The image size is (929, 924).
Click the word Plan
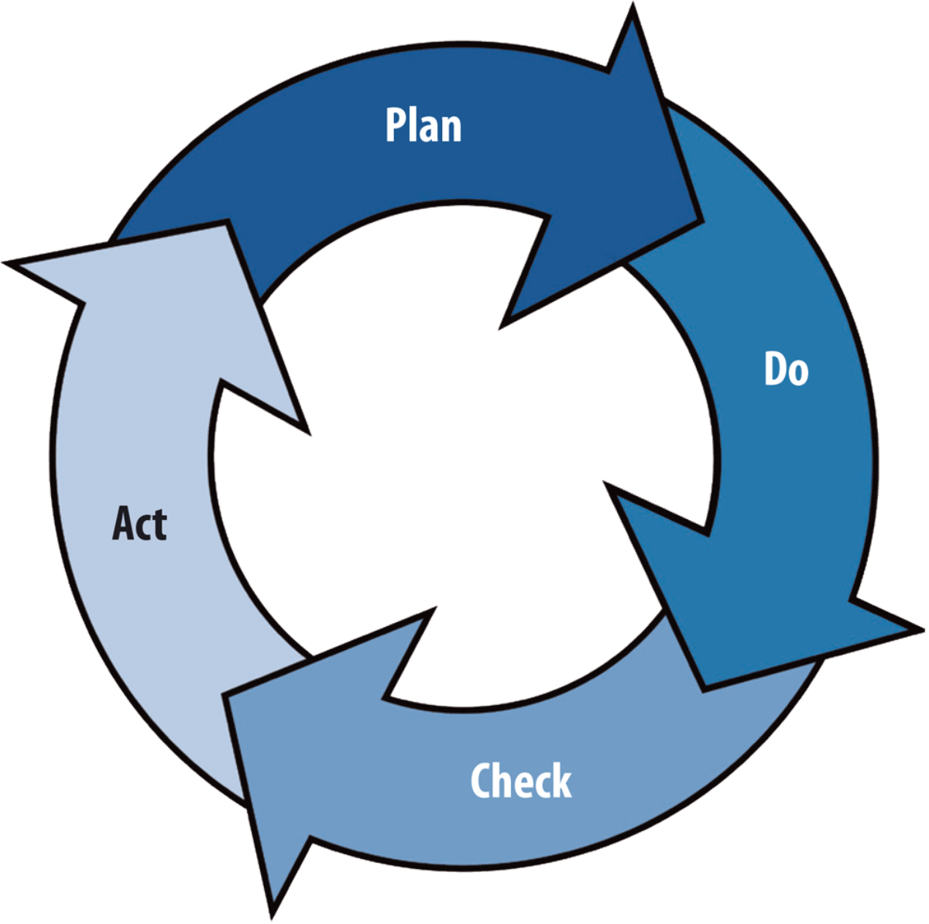click(423, 125)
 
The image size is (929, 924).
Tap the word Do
click(786, 368)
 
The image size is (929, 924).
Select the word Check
click(520, 780)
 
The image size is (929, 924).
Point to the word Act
click(139, 523)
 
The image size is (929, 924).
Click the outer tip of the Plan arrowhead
click(635, 8)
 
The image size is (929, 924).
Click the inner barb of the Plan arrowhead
click(502, 328)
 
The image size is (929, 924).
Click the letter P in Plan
click(396, 125)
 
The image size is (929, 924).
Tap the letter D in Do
click(775, 368)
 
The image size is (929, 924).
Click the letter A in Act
click(123, 523)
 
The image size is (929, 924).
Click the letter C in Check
click(482, 780)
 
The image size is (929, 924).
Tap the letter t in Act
click(159, 525)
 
